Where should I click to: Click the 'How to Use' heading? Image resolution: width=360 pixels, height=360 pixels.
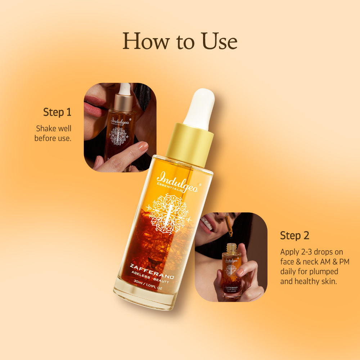pos(180,41)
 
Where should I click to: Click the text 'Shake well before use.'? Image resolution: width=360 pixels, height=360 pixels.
pos(53,133)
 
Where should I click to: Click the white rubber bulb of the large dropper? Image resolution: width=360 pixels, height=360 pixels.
pos(199,108)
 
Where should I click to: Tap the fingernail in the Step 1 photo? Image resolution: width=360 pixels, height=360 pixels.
pos(143,146)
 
